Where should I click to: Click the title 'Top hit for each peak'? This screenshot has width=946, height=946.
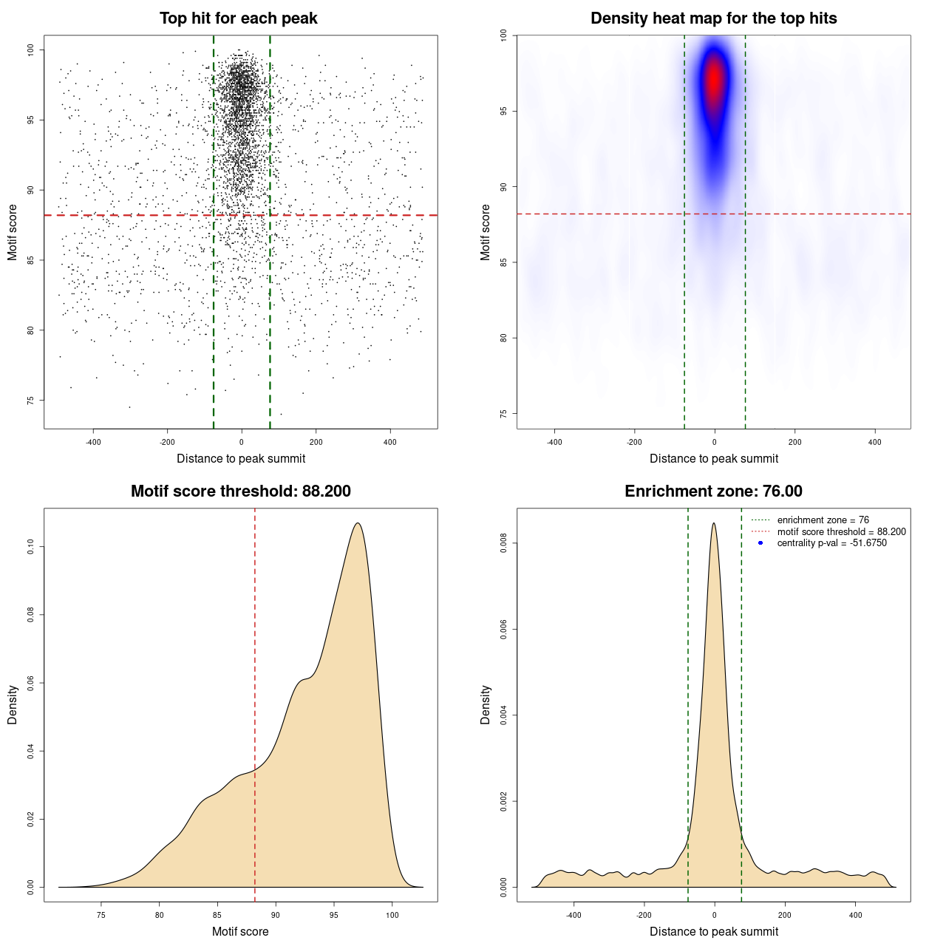[238, 18]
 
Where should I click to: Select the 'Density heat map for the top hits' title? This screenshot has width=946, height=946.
[713, 18]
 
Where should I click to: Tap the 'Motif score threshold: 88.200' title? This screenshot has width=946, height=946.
[240, 491]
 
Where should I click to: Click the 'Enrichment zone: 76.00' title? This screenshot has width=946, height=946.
[713, 491]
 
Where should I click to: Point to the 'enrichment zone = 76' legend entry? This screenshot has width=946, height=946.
[823, 520]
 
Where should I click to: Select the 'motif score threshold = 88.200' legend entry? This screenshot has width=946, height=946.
[841, 532]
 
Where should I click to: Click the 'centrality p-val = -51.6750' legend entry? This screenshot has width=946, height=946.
[831, 543]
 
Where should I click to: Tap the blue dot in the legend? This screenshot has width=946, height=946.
[760, 543]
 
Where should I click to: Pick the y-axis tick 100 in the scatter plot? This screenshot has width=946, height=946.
[31, 50]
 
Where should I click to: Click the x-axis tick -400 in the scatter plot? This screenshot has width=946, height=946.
[93, 442]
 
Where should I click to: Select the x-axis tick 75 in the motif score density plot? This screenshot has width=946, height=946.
[101, 915]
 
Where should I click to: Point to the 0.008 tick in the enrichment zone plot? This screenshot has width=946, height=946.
[504, 544]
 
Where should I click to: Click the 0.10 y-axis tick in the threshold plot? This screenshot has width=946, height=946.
[31, 546]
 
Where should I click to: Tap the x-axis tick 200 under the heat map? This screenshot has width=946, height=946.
[794, 442]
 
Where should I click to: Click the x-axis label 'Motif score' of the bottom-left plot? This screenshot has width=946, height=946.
[240, 931]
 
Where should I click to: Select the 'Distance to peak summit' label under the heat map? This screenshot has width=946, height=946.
[713, 458]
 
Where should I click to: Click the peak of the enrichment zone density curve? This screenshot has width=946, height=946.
[713, 523]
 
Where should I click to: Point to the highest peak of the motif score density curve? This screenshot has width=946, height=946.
[358, 523]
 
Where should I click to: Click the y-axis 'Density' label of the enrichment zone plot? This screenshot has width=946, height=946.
[486, 704]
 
